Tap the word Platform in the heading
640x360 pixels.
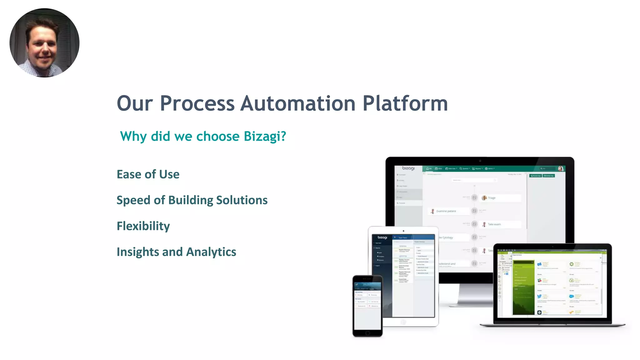click(x=405, y=103)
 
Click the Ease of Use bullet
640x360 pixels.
click(x=148, y=174)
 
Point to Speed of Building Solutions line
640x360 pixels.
click(x=192, y=200)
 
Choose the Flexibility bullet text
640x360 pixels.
click(x=143, y=226)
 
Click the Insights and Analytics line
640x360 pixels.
click(x=176, y=252)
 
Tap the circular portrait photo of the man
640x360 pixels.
click(x=44, y=43)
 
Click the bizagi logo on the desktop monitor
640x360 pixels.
click(x=408, y=168)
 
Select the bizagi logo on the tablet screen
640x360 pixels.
click(x=382, y=237)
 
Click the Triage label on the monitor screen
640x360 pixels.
click(x=492, y=198)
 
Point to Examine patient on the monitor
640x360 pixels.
click(x=446, y=211)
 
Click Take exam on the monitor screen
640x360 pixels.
click(x=494, y=224)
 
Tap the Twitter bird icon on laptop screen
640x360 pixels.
click(x=539, y=296)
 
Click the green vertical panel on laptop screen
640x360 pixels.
click(x=523, y=287)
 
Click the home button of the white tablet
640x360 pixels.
click(x=403, y=322)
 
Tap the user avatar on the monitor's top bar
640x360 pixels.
click(x=561, y=169)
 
